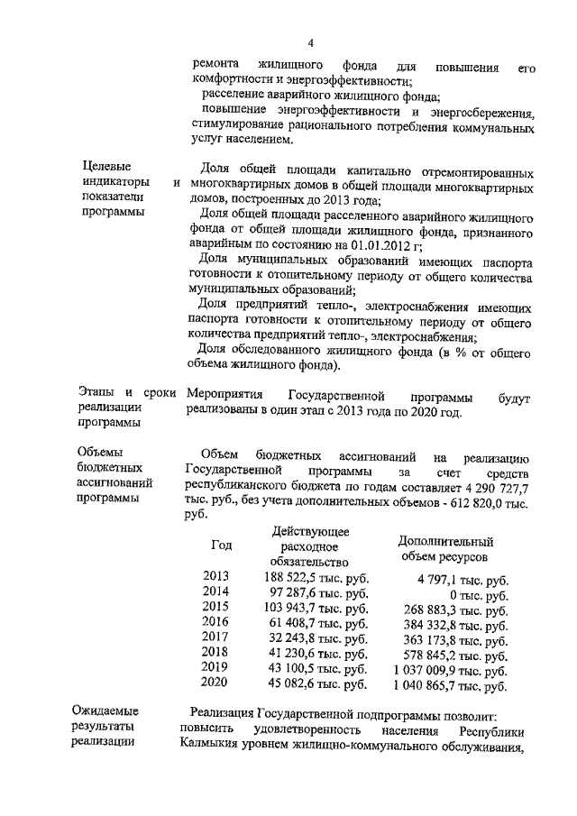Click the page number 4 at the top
coord(309,42)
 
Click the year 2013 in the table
coord(217,576)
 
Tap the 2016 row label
coord(217,622)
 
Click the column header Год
coord(221,546)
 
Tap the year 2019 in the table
coord(217,668)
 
